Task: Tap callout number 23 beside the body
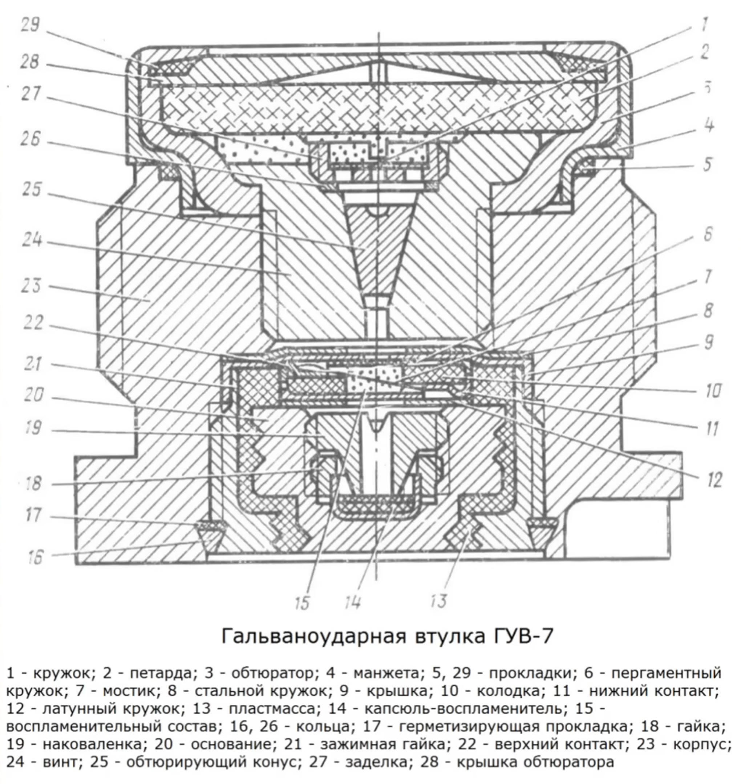31,285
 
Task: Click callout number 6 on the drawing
708,234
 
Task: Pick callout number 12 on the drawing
714,479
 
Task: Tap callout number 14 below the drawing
353,603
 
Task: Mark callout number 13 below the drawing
438,601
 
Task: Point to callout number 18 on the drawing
33,483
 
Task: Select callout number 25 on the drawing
32,190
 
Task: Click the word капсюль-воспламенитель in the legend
462,709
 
